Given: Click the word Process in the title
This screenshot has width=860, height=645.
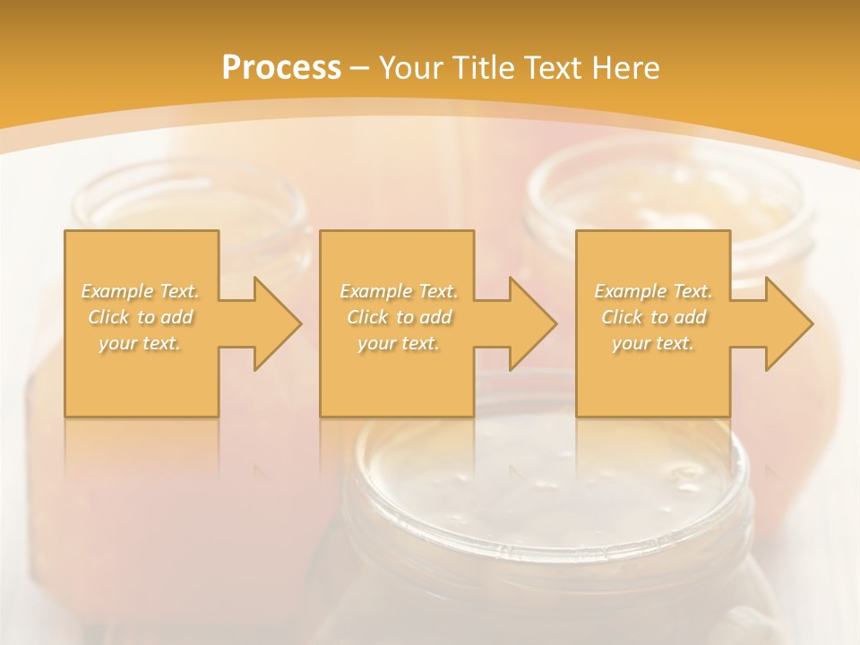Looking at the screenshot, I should (281, 68).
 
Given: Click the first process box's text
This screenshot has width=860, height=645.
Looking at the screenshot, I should (140, 317).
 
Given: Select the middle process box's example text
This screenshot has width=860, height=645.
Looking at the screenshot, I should (398, 317).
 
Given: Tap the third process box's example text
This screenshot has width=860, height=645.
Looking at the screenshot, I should (653, 317).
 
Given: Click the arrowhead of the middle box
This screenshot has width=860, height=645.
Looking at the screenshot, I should (532, 323).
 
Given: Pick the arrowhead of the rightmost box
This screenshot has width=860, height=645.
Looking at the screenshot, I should (788, 323).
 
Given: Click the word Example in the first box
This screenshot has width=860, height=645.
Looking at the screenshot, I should (117, 291).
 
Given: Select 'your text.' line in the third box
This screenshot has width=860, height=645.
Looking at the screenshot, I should (653, 343).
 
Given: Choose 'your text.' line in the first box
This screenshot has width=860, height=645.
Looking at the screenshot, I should (140, 343).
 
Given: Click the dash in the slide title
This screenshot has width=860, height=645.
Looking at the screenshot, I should (360, 69).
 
